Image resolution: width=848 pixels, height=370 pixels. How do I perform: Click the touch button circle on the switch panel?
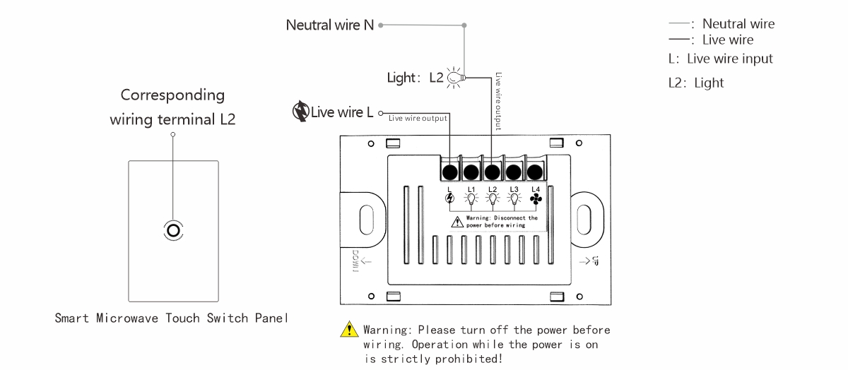pos(173,230)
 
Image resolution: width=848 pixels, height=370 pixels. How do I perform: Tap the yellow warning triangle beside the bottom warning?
pos(349,329)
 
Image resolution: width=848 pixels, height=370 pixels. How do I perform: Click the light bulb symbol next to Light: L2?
pos(455,78)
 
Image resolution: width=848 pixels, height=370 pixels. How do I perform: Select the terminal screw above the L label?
pos(449,172)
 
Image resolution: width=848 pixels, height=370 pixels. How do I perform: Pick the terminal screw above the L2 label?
pos(492,172)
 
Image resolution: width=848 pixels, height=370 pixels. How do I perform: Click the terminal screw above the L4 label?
pos(534,172)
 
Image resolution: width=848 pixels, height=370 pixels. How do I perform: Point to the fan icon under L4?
pos(536,198)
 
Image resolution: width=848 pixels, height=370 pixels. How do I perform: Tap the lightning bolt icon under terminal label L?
pos(449,198)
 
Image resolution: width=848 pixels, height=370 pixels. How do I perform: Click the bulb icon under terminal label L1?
pos(471,198)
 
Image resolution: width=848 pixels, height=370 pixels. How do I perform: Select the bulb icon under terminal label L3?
pos(514,198)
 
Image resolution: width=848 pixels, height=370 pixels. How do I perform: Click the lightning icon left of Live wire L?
pos(300,112)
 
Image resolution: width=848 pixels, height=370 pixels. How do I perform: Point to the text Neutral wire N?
pos(330,25)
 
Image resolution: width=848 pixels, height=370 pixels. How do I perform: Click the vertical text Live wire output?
pos(498,102)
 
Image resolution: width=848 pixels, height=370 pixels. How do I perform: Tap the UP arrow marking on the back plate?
pos(589,261)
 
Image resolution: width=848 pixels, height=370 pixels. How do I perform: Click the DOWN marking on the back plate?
pos(355,261)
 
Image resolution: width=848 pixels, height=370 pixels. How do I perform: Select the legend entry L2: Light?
pos(696,83)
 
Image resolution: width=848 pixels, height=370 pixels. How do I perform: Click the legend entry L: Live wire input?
pos(720,59)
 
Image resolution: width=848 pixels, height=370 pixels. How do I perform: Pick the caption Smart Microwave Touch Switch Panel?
pos(172,318)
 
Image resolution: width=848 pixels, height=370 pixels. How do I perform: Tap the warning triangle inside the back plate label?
pos(457,222)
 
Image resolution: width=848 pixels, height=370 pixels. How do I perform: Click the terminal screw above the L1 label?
pos(471,172)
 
